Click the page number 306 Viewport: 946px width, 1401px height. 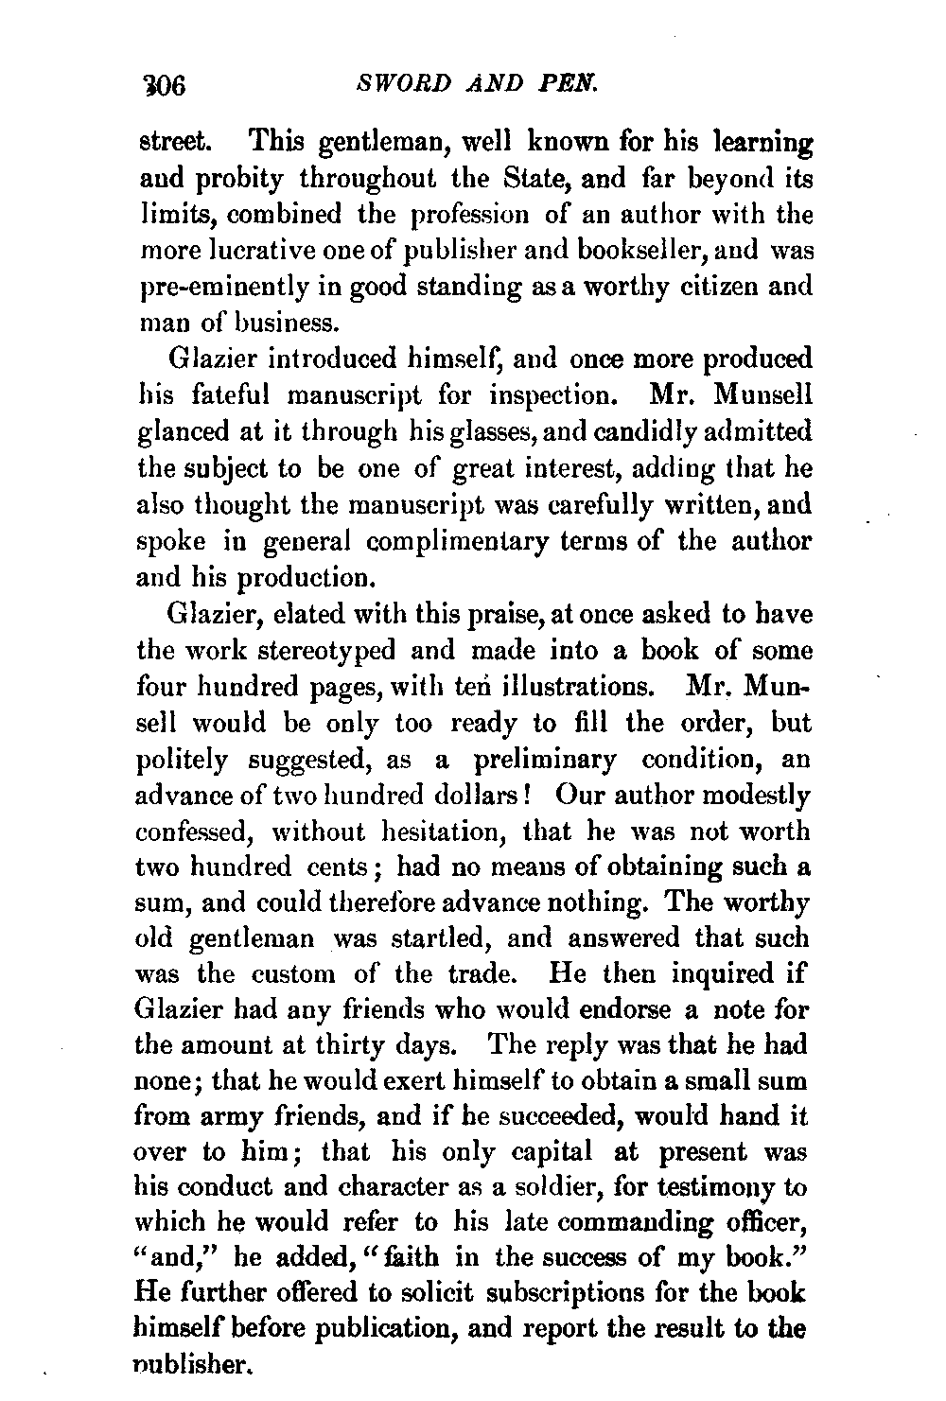click(164, 87)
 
